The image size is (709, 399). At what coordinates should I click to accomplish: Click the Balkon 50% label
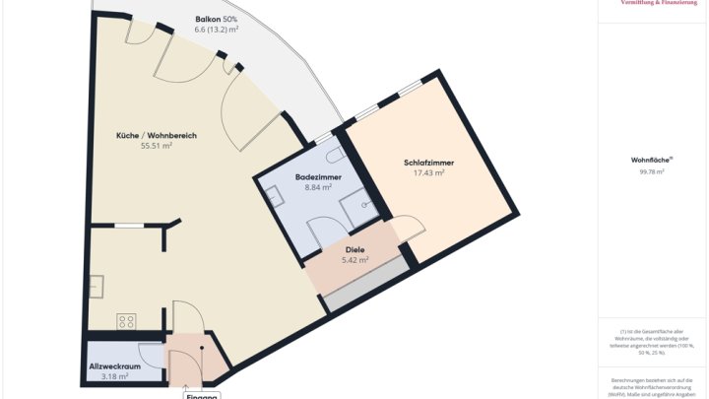pyautogui.click(x=215, y=19)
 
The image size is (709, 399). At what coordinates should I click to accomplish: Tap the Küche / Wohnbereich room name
pyautogui.click(x=157, y=134)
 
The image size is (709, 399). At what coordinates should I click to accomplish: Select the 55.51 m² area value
pyautogui.click(x=157, y=146)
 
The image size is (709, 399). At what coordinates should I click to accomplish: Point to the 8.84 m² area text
pyautogui.click(x=318, y=186)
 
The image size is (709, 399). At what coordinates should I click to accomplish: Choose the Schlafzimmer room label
pyautogui.click(x=428, y=162)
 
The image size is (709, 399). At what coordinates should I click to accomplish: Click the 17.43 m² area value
pyautogui.click(x=428, y=172)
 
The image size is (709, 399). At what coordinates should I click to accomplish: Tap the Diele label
pyautogui.click(x=354, y=249)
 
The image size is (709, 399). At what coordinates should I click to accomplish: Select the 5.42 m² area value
pyautogui.click(x=354, y=260)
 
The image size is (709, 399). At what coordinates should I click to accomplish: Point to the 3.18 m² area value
pyautogui.click(x=115, y=376)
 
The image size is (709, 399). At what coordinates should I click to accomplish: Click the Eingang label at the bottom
pyautogui.click(x=201, y=394)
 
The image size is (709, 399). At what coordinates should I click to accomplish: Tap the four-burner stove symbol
pyautogui.click(x=127, y=320)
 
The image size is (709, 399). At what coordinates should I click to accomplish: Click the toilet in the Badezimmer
pyautogui.click(x=334, y=155)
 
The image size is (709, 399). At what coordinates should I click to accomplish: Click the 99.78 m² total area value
pyautogui.click(x=652, y=171)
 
